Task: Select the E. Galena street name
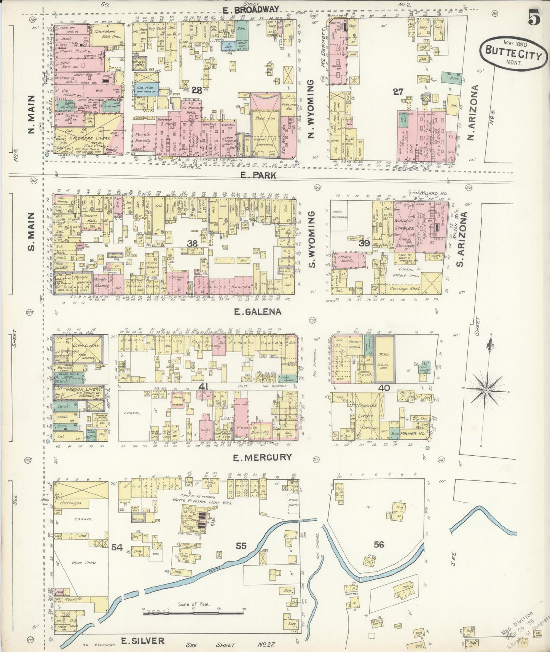coord(258,312)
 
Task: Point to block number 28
coord(197,90)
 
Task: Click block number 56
coord(379,544)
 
